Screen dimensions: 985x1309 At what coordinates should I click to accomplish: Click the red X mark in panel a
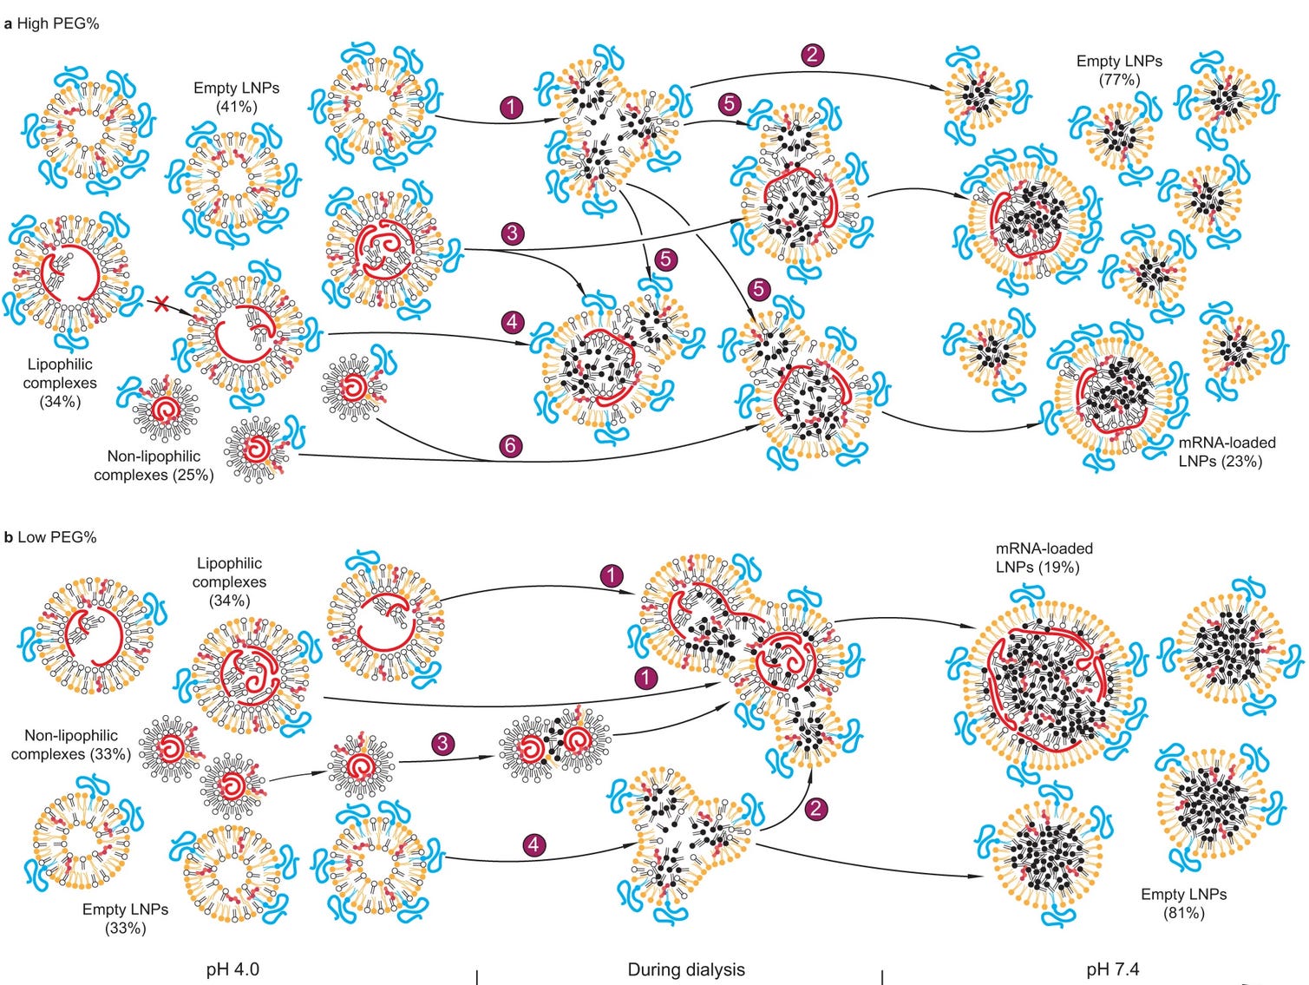coord(160,304)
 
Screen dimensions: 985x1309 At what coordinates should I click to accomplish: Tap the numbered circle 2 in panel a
coord(812,55)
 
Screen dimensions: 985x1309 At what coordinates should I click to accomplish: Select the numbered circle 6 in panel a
coord(511,446)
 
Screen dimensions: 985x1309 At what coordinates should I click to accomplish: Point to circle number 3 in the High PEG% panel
coord(513,233)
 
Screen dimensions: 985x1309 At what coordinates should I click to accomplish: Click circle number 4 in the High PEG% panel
coord(513,322)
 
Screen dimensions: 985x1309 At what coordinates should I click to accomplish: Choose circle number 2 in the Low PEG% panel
coord(815,809)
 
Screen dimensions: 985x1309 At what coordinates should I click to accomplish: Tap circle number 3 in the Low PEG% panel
coord(443,743)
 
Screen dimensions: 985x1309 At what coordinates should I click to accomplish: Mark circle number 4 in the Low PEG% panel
coord(533,844)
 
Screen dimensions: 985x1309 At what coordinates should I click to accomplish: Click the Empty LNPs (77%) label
coord(1119,70)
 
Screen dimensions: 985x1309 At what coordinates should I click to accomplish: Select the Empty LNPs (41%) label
coord(237,97)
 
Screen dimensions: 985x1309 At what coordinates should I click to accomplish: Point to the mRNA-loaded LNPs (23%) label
coord(1227,451)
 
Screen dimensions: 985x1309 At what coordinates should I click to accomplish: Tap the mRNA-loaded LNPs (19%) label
coord(1044,557)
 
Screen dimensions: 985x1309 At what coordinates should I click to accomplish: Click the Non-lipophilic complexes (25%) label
coord(154,465)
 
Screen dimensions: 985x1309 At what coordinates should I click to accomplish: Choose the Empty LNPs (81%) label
coord(1183,903)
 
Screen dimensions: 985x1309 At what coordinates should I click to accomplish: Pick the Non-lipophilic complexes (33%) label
coord(71,745)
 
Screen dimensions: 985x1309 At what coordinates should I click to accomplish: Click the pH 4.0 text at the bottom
coord(232,969)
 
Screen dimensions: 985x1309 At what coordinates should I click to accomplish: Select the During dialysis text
coord(685,969)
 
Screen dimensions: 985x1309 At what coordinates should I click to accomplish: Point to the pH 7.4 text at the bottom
coord(1112,969)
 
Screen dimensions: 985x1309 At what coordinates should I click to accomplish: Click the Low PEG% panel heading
coord(50,537)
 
